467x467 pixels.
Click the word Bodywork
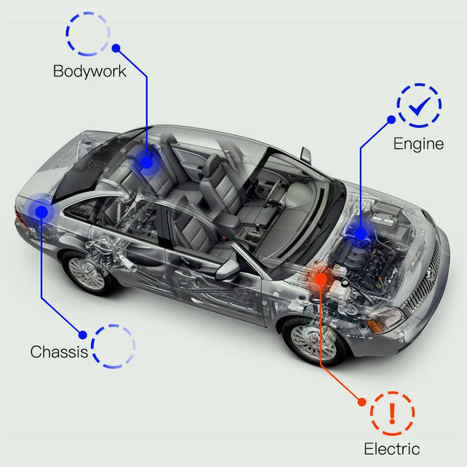(x=89, y=71)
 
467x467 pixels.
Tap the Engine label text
(x=418, y=144)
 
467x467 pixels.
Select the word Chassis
(x=59, y=352)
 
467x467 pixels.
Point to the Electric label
(x=391, y=448)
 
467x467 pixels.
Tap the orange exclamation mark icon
(x=392, y=413)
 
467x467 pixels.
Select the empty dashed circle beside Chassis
(x=113, y=346)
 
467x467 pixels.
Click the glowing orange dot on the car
(x=320, y=279)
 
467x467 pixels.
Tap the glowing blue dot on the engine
(x=361, y=234)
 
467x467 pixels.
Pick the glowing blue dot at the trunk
(x=41, y=210)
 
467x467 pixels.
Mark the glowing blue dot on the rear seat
(x=147, y=162)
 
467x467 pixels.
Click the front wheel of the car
(x=313, y=341)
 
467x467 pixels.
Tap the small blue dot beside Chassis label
(x=83, y=335)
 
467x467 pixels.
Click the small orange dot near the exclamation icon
(x=362, y=402)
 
